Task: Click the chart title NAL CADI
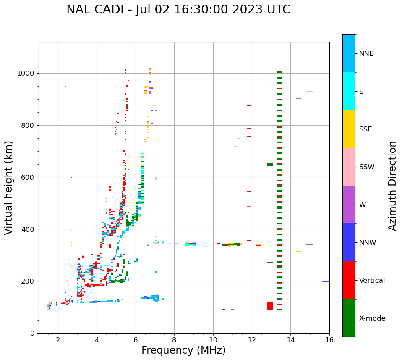pyautogui.click(x=178, y=10)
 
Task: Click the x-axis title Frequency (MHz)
pyautogui.click(x=183, y=350)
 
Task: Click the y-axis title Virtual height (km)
pyautogui.click(x=9, y=187)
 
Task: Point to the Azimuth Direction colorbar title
pyautogui.click(x=392, y=185)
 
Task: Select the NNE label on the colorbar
pyautogui.click(x=366, y=54)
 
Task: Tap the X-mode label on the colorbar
pyautogui.click(x=372, y=318)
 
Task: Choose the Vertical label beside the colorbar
pyautogui.click(x=372, y=281)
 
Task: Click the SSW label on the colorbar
pyautogui.click(x=367, y=167)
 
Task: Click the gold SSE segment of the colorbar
pyautogui.click(x=349, y=129)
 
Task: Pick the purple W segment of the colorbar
pyautogui.click(x=349, y=205)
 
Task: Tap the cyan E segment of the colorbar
pyautogui.click(x=349, y=91)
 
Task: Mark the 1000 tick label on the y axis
pyautogui.click(x=26, y=74)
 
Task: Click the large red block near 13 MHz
pyautogui.click(x=270, y=306)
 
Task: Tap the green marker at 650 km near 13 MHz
pyautogui.click(x=270, y=165)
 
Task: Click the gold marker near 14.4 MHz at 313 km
pyautogui.click(x=298, y=252)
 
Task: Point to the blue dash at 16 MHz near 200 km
pyautogui.click(x=326, y=281)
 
